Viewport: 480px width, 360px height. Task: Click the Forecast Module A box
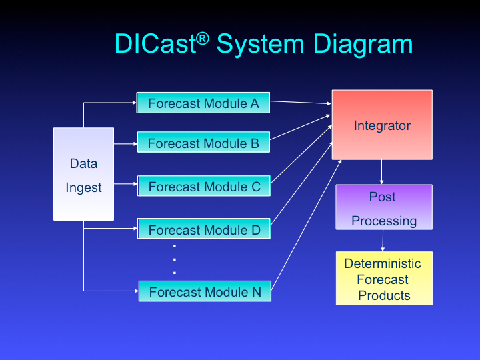tap(203, 103)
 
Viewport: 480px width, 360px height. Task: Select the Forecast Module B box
tap(203, 143)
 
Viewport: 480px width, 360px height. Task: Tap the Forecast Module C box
tap(203, 187)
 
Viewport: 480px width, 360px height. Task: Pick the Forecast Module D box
tap(203, 230)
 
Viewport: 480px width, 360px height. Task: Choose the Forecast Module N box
tap(204, 291)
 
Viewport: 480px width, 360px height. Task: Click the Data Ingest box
tap(83, 175)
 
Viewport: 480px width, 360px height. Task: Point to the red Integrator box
tap(382, 125)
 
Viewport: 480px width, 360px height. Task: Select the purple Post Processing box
tap(383, 207)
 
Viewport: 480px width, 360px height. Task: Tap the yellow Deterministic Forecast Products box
tap(384, 279)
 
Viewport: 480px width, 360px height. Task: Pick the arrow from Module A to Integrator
tap(301, 103)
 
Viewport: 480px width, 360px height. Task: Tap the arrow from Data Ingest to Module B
tap(125, 143)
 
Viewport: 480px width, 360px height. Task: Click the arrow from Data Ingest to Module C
tap(125, 185)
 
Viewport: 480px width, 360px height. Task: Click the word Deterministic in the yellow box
tap(383, 263)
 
